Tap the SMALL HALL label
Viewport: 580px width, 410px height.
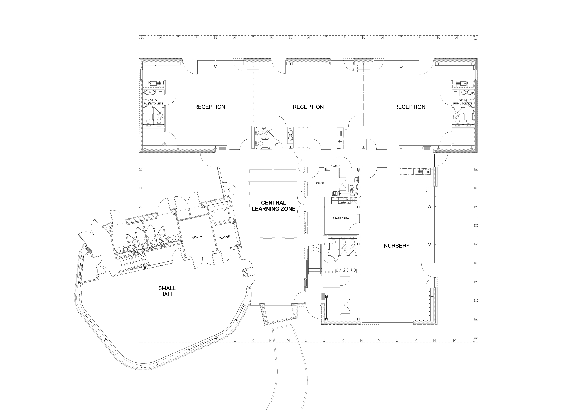pos(167,291)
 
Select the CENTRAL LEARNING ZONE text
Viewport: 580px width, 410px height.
pos(274,206)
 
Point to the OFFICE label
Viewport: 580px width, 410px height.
pos(319,183)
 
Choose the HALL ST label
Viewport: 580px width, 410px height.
pos(197,237)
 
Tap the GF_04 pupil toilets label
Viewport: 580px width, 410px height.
pos(154,102)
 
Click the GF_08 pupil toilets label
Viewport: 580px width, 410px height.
pos(463,102)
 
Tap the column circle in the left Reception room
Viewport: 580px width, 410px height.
pos(215,66)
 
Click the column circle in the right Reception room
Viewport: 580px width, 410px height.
pos(401,66)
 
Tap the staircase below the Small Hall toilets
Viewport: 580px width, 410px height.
pos(133,264)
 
